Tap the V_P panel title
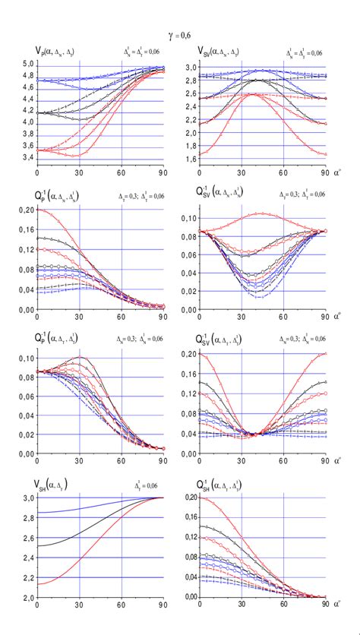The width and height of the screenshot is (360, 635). tap(48, 52)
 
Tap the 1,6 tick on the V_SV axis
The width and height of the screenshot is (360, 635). tap(191, 160)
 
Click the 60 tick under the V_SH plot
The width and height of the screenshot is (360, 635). tap(122, 606)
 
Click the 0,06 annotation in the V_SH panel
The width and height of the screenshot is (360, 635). tap(154, 485)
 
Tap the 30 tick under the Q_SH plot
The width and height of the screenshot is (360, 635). tap(242, 606)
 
